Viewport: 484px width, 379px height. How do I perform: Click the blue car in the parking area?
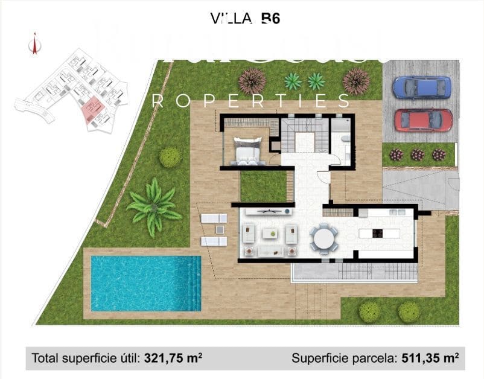point(421,87)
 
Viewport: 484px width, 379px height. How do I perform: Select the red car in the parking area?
point(422,119)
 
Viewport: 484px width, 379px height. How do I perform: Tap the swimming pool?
point(145,283)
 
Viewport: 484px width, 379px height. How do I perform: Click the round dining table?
point(326,237)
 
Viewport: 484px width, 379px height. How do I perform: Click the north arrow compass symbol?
point(35,45)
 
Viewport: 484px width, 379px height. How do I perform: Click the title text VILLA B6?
point(246,19)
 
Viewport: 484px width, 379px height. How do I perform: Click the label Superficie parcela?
point(345,358)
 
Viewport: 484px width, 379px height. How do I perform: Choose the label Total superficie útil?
point(86,358)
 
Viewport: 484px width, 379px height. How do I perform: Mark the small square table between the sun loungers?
point(220,229)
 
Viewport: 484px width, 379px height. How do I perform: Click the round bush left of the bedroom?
point(170,157)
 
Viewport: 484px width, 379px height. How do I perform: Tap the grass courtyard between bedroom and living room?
point(263,186)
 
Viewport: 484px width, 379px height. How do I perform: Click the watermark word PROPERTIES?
point(250,101)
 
